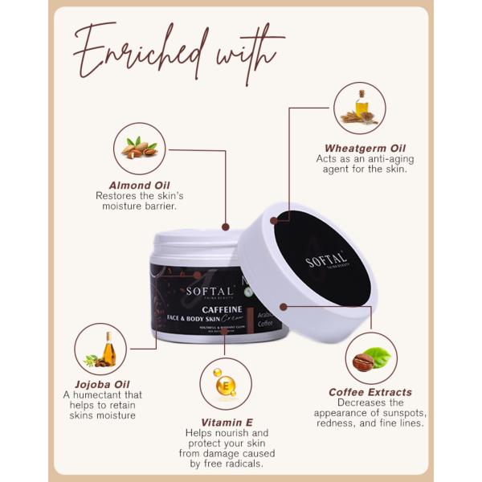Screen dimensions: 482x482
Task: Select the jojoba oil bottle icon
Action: click(x=100, y=349)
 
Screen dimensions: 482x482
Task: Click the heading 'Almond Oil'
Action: click(x=136, y=184)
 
